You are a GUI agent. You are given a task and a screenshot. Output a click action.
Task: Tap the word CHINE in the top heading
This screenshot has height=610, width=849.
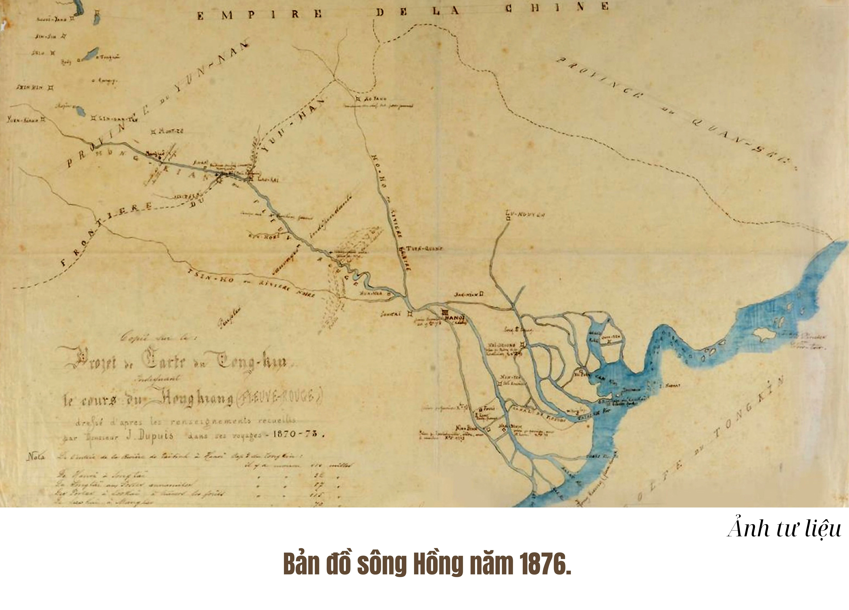[557, 7]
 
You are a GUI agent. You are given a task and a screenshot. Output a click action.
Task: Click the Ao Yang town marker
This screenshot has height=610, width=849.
[358, 99]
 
